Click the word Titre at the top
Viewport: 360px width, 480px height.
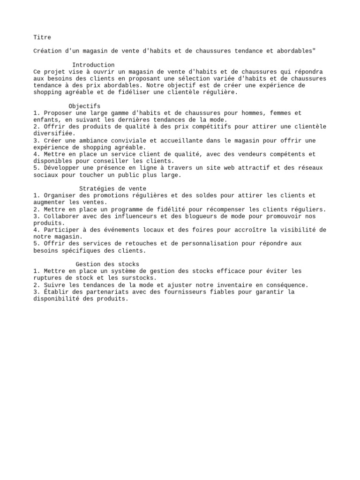click(x=42, y=37)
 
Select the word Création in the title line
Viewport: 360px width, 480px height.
click(x=47, y=51)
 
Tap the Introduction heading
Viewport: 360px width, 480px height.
click(x=93, y=65)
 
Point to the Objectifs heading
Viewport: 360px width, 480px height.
click(x=84, y=106)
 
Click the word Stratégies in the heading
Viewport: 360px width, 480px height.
click(x=97, y=188)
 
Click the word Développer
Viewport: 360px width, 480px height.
click(x=61, y=168)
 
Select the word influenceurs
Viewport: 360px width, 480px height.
click(x=134, y=216)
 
